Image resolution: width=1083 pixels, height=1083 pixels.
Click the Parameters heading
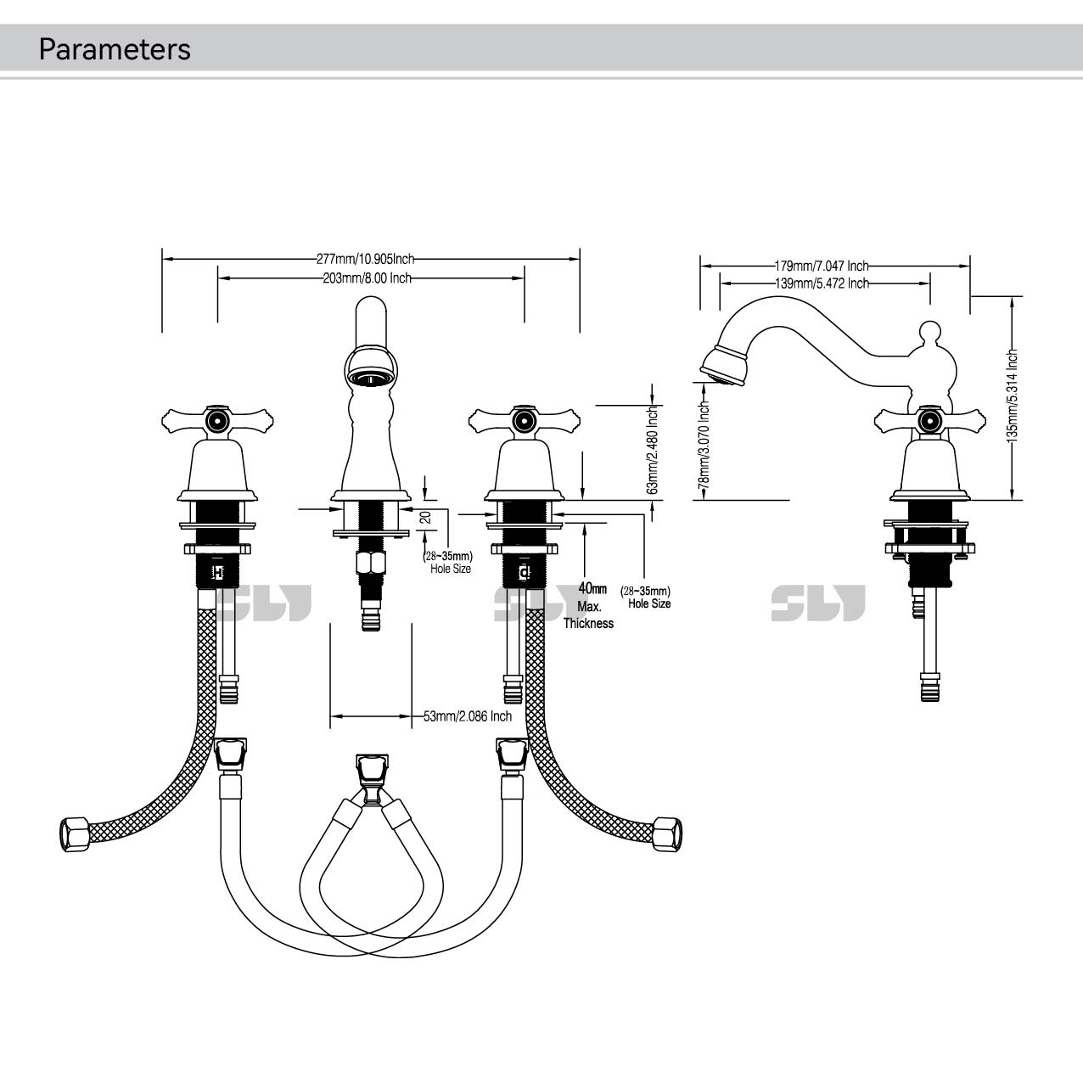pyautogui.click(x=115, y=49)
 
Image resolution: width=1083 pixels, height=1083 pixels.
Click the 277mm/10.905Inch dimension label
pyautogui.click(x=365, y=259)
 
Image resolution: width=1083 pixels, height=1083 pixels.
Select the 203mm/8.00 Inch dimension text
pyautogui.click(x=367, y=278)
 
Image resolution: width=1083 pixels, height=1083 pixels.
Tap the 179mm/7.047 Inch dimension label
pyautogui.click(x=822, y=266)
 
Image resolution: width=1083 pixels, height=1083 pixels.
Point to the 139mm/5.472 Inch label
pyautogui.click(x=822, y=283)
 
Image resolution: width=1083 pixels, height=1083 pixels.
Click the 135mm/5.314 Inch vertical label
pyautogui.click(x=1011, y=396)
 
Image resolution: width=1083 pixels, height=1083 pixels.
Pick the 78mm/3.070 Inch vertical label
pyautogui.click(x=703, y=445)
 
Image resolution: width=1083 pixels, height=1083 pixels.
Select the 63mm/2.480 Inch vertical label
pyautogui.click(x=653, y=450)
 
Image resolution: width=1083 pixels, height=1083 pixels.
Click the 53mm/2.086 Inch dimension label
pyautogui.click(x=468, y=716)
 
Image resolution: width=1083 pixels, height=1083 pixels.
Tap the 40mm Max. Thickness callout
pyautogui.click(x=589, y=606)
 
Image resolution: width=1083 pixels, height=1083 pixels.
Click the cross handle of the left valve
pyautogui.click(x=218, y=418)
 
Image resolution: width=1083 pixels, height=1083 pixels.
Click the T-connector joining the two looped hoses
pyautogui.click(x=371, y=779)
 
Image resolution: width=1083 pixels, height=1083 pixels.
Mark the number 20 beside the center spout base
pyautogui.click(x=425, y=516)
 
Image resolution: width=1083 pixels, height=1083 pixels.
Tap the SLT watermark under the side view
pyautogui.click(x=818, y=603)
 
